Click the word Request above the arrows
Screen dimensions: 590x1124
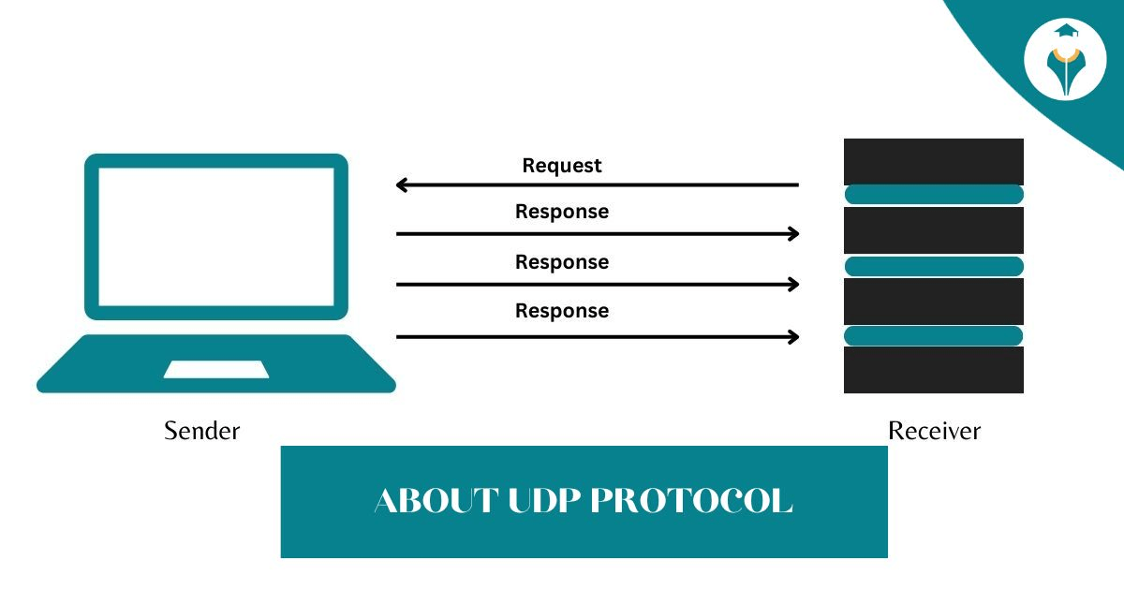[562, 166]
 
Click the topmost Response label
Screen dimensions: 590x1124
[562, 212]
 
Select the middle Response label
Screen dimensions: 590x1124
[562, 262]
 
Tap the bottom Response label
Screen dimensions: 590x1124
[562, 311]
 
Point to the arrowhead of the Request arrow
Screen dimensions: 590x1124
[402, 185]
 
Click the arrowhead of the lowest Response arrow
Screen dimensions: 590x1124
[794, 337]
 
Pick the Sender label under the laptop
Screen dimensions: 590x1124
[202, 431]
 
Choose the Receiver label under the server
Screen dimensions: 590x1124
[934, 431]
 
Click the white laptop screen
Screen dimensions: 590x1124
[216, 237]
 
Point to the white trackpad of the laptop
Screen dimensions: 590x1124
[216, 369]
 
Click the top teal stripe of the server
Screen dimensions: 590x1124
[934, 195]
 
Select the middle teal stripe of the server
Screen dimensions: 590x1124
[934, 266]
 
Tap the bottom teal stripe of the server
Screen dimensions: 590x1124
[934, 335]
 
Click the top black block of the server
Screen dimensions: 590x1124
[934, 161]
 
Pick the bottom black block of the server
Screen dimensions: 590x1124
[934, 370]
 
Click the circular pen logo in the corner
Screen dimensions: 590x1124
[1065, 59]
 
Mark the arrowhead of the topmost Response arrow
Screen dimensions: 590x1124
[794, 234]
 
